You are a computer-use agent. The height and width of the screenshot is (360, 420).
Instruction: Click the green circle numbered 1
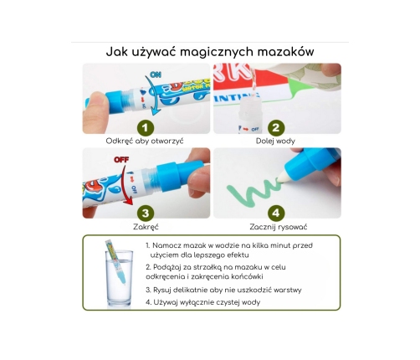click(146, 128)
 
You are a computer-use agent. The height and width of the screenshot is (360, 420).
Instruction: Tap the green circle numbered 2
click(276, 128)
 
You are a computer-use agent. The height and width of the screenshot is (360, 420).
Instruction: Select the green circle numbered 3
click(146, 213)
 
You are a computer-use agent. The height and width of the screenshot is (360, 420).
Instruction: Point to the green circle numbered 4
click(276, 213)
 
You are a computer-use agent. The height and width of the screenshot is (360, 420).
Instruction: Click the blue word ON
click(156, 75)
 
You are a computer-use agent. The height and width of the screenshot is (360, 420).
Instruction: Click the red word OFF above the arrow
click(121, 160)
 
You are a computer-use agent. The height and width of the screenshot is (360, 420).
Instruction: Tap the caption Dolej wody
click(275, 141)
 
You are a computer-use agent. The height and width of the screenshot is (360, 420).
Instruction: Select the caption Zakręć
click(146, 227)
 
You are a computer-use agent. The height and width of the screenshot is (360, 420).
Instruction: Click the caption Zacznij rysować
click(279, 227)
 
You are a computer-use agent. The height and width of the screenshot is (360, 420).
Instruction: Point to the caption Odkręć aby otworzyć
click(145, 141)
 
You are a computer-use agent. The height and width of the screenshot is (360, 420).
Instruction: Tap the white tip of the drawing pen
click(283, 177)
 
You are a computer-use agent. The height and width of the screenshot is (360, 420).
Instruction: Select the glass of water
click(119, 279)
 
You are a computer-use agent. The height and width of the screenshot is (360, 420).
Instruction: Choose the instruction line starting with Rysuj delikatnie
click(223, 291)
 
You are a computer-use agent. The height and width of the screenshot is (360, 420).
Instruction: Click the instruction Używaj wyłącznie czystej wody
click(203, 302)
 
